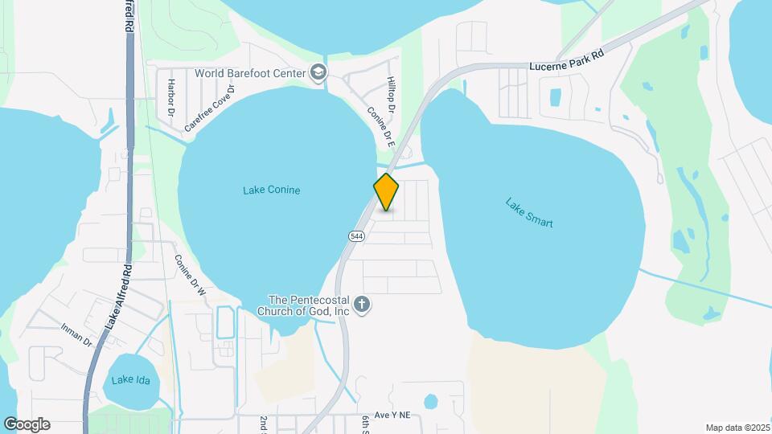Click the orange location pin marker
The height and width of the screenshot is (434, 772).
[x=386, y=192]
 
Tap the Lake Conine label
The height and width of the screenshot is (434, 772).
[x=271, y=190]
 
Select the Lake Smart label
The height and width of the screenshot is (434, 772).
[x=529, y=212]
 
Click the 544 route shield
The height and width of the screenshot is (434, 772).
[x=355, y=236]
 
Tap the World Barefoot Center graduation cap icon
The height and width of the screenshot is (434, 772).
[x=318, y=73]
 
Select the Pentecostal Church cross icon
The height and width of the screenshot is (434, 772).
[x=362, y=305]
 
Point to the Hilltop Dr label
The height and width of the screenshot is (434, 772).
[x=392, y=93]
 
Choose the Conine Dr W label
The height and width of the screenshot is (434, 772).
[x=191, y=277]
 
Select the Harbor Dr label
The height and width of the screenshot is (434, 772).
[x=170, y=95]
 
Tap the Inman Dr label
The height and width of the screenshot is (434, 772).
[x=77, y=335]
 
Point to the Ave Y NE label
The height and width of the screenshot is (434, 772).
[x=391, y=415]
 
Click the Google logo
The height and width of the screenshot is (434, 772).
[x=27, y=424]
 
